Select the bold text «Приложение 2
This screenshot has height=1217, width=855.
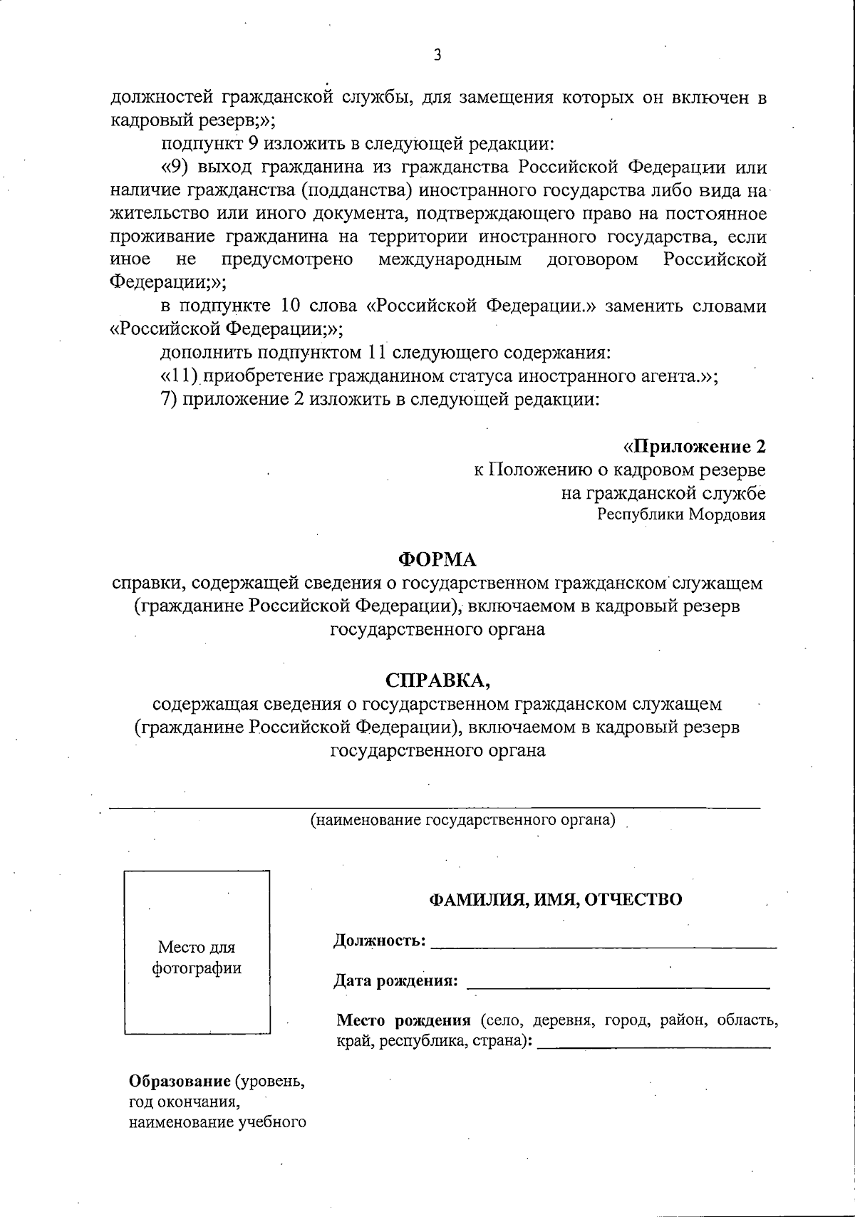[x=695, y=447]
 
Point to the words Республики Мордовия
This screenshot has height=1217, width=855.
[x=681, y=515]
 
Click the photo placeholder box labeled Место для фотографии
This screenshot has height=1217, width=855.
[x=197, y=952]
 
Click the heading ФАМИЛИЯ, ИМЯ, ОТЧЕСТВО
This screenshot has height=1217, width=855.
[x=555, y=900]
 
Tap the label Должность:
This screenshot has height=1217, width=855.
[x=380, y=941]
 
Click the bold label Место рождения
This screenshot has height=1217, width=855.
[x=404, y=1020]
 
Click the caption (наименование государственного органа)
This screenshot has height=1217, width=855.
[x=462, y=820]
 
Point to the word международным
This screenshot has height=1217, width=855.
[x=450, y=260]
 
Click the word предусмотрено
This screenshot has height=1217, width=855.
[x=288, y=260]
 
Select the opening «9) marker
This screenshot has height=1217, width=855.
[x=175, y=168]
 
